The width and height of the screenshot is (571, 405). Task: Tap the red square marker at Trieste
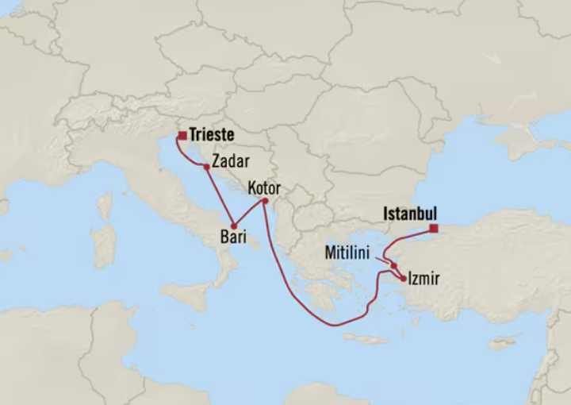pyautogui.click(x=182, y=136)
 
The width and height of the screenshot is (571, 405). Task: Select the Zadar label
pyautogui.click(x=231, y=161)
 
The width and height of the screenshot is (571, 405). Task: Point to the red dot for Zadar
pyautogui.click(x=206, y=167)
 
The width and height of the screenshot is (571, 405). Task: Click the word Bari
pyautogui.click(x=234, y=236)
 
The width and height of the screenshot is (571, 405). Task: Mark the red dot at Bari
pyautogui.click(x=233, y=226)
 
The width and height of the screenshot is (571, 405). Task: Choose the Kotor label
pyautogui.click(x=265, y=189)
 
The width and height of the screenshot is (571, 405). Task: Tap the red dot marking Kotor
pyautogui.click(x=266, y=201)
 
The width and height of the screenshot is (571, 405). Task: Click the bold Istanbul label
pyautogui.click(x=410, y=214)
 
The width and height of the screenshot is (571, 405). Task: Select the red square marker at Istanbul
pyautogui.click(x=434, y=229)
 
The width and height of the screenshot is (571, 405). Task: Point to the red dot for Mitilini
pyautogui.click(x=393, y=266)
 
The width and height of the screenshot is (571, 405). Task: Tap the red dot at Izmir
pyautogui.click(x=404, y=279)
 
